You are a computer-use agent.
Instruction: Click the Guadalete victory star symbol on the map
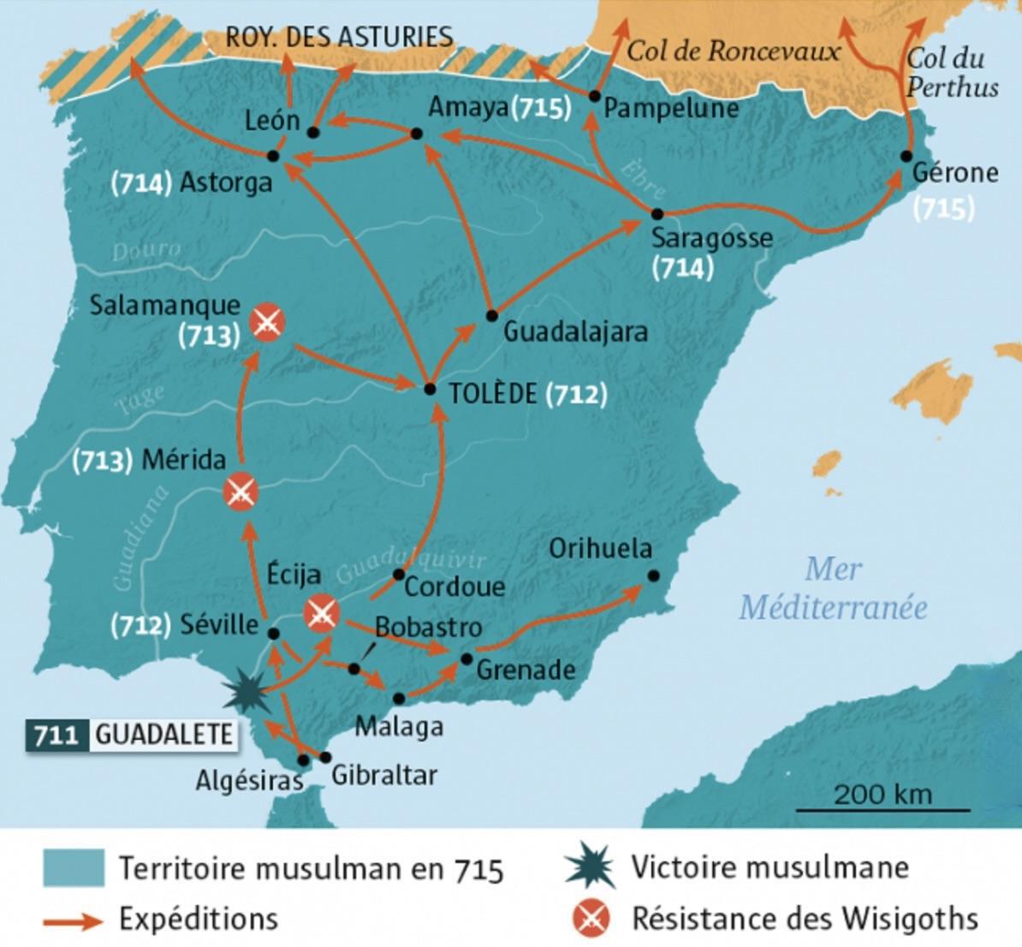247,693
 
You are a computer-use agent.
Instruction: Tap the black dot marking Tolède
431,390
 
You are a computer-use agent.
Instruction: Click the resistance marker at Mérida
241,491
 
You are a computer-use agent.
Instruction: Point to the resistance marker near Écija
323,613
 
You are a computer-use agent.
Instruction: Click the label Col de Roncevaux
734,51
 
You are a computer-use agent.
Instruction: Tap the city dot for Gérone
906,156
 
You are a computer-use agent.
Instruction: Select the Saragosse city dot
657,213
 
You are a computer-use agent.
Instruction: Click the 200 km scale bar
883,809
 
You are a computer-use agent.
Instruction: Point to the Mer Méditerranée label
834,588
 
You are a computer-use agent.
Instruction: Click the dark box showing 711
57,735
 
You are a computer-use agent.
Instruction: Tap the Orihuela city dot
653,576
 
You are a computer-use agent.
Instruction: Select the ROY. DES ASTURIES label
339,37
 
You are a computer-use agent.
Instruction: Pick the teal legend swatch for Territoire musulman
74,868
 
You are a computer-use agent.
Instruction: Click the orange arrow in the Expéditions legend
74,920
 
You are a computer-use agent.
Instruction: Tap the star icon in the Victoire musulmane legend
591,867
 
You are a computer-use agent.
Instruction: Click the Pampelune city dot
594,96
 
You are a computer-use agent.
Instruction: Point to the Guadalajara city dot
491,316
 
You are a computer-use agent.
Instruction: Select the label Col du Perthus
951,72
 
